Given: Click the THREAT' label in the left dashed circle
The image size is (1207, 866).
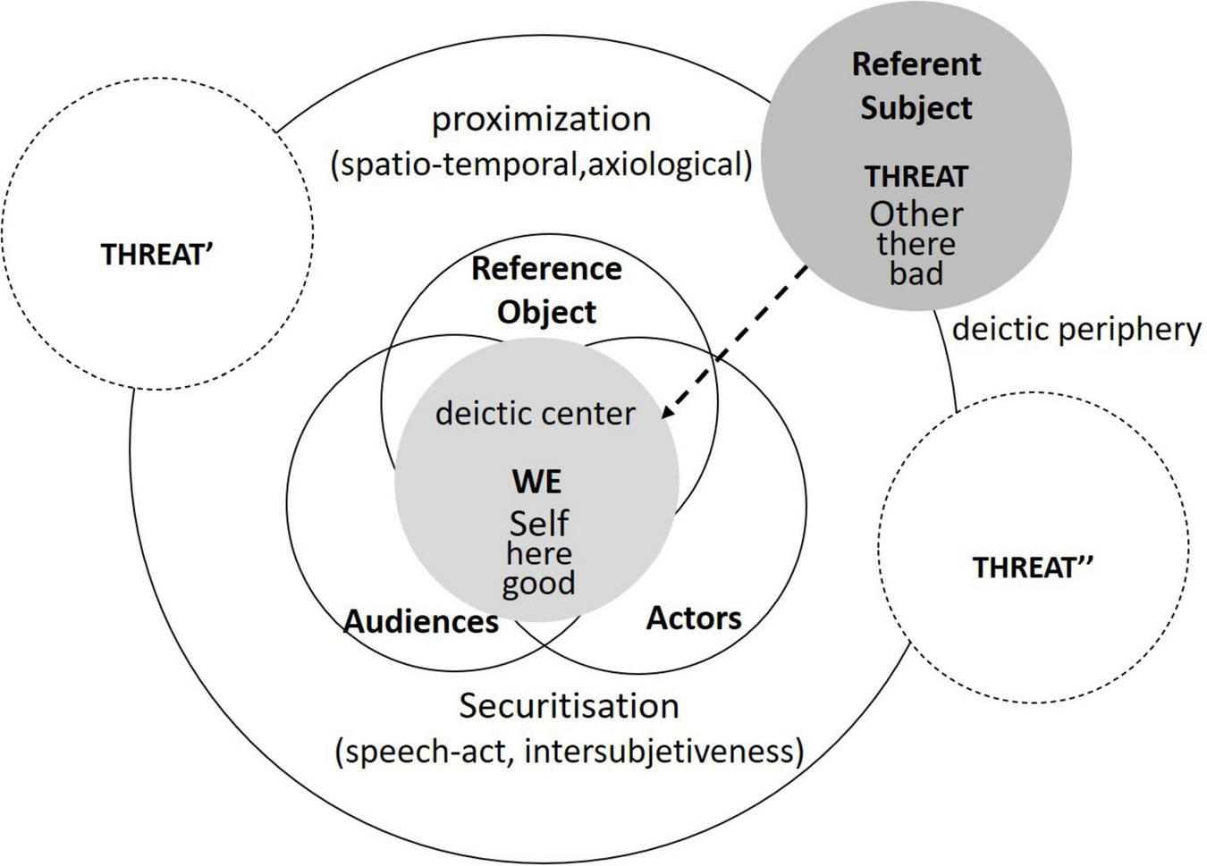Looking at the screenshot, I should point(156,255).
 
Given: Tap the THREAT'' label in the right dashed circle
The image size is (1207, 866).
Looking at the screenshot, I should point(1033,568).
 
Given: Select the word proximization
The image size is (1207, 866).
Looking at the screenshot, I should point(541,119).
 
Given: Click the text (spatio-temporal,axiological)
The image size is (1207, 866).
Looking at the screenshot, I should point(541,164).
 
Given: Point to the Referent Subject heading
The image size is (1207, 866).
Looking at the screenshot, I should point(916,86).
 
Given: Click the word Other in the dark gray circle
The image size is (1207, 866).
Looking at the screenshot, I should point(916,214).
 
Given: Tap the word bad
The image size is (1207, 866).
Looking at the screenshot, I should point(916,273).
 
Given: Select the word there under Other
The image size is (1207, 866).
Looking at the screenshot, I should point(916,244).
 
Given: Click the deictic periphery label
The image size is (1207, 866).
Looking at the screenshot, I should point(1076,329).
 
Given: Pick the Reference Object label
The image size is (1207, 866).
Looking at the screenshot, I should point(546,290).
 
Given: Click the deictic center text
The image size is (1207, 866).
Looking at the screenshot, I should point(535,413).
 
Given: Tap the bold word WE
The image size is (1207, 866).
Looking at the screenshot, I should point(537,482).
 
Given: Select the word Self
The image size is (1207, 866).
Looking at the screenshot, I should point(538,523).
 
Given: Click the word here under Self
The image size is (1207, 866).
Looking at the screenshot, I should point(538,554).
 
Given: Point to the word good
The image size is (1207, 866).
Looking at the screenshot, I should point(538,584).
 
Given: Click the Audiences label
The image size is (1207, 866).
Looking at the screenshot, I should point(421,621).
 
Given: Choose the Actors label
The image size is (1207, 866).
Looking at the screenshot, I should point(694,618).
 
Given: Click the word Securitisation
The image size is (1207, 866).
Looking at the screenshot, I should point(570,705).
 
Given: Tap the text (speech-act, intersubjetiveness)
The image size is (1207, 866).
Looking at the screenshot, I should point(570,751).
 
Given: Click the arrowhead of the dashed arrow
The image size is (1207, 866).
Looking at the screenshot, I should point(667,412).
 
